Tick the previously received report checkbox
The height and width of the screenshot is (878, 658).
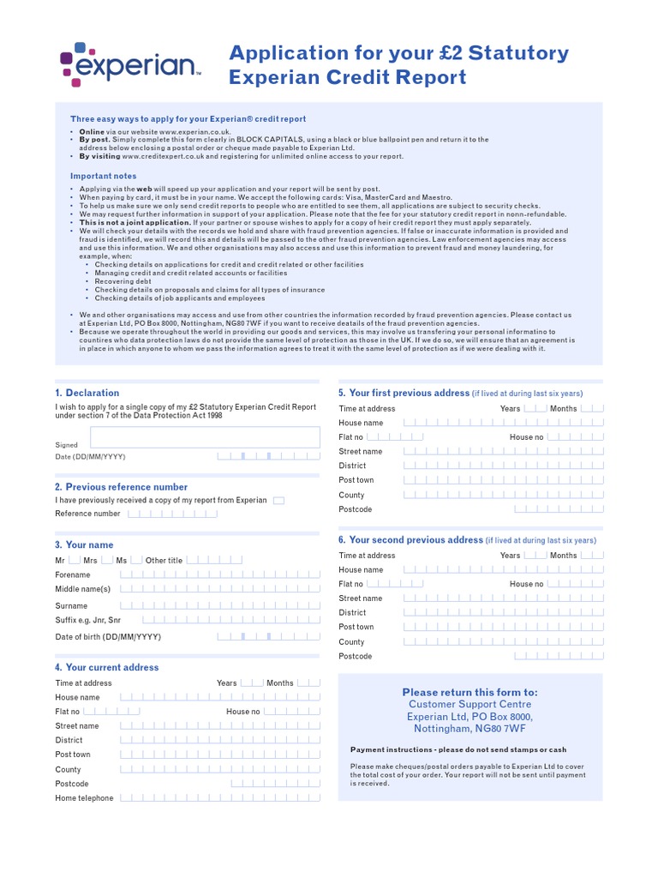278,500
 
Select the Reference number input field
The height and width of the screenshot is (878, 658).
172,514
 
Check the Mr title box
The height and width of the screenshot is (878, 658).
74,560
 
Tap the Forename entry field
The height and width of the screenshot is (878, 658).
219,574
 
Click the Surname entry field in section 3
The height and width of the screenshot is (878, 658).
219,605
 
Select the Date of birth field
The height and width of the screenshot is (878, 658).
268,637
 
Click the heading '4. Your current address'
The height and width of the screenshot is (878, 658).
107,667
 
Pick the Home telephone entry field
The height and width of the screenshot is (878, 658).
219,797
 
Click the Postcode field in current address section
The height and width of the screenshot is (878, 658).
275,783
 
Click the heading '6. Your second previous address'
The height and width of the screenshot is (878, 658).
411,540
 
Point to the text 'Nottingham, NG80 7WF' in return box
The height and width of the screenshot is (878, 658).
470,729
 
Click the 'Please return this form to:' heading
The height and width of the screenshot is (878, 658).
470,692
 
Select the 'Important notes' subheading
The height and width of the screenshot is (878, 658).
103,176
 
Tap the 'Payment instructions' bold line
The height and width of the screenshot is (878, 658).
458,749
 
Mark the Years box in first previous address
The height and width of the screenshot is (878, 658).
535,408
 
